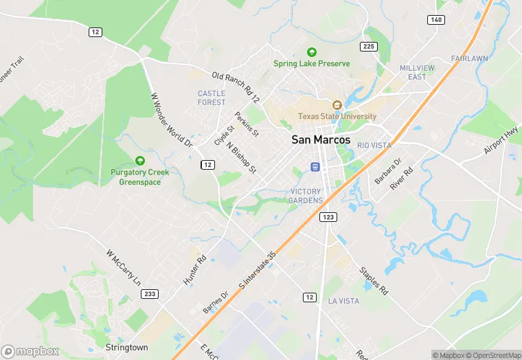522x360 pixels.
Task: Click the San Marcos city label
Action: click(x=321, y=139)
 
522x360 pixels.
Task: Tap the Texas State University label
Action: click(x=337, y=116)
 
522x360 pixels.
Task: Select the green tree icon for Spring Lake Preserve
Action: click(x=311, y=52)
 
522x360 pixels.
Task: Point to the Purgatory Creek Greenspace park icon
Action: click(x=140, y=160)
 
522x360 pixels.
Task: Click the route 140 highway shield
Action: click(x=436, y=20)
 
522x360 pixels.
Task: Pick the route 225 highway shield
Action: click(x=370, y=46)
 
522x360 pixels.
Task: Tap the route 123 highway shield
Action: click(x=327, y=217)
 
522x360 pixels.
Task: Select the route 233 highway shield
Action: click(x=149, y=293)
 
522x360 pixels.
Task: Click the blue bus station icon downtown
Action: click(x=315, y=166)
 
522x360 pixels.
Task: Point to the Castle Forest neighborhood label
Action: click(x=211, y=98)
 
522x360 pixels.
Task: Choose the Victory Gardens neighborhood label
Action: click(x=306, y=195)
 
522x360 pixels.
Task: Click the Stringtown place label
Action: click(x=126, y=348)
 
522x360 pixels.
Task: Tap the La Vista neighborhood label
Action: click(x=343, y=301)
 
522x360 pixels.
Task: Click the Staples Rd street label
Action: click(x=374, y=280)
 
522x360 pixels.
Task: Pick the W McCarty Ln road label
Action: click(x=124, y=268)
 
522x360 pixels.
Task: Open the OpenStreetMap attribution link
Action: click(x=494, y=355)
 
